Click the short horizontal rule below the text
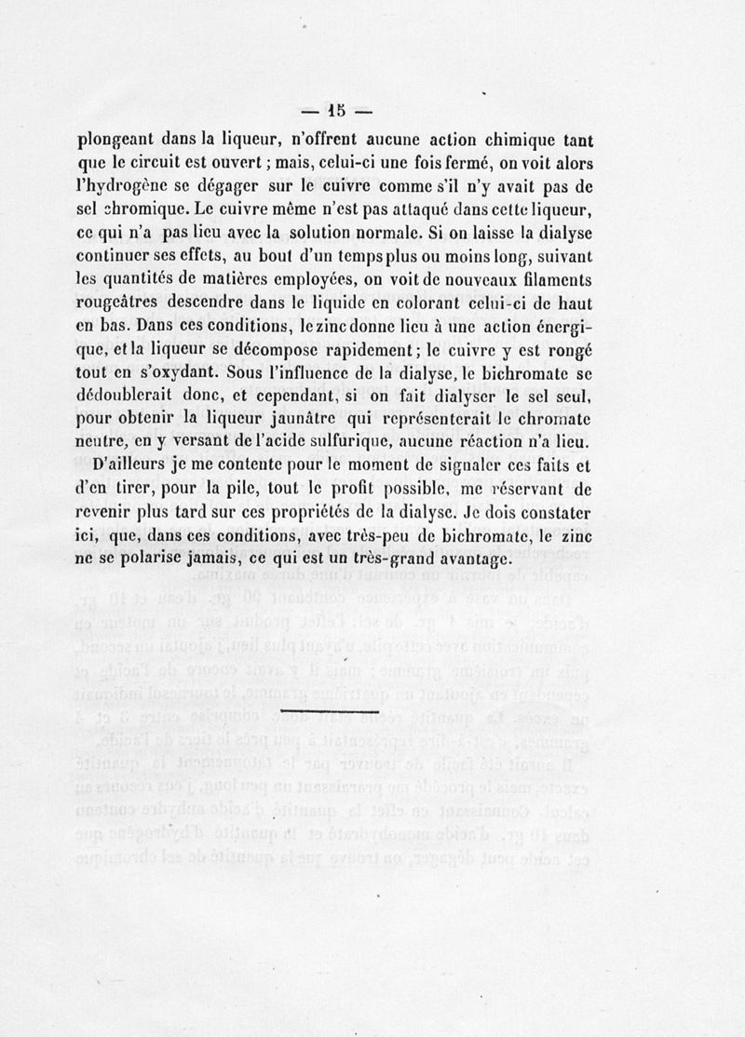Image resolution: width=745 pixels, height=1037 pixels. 328,710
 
